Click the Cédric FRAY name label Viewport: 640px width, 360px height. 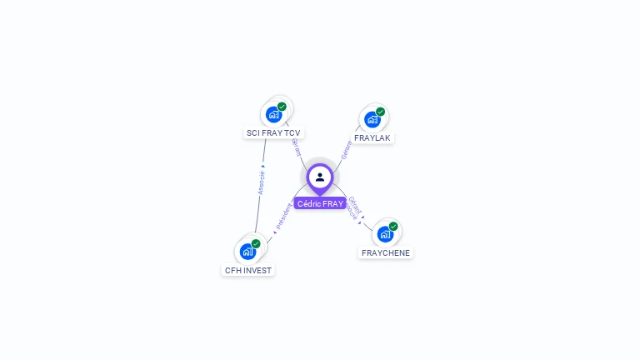320,203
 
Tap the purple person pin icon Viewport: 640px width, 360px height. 320,177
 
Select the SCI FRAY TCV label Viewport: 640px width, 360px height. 273,132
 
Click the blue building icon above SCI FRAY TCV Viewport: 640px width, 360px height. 273,115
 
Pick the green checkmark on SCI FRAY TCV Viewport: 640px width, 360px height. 282,107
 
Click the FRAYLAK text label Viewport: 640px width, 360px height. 372,137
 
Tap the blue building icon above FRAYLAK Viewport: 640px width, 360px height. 372,119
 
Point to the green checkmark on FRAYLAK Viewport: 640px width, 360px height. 380,112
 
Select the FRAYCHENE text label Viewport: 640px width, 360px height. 386,252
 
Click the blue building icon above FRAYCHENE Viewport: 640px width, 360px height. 385,234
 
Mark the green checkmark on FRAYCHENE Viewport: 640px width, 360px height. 393,226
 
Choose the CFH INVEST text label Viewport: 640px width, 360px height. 248,270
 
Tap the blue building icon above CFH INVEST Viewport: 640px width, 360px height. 247,252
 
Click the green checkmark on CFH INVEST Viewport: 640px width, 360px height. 256,243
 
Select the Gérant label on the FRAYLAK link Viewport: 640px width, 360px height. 347,150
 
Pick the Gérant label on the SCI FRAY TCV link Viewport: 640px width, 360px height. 297,147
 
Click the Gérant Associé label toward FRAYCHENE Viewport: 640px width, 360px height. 353,208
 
